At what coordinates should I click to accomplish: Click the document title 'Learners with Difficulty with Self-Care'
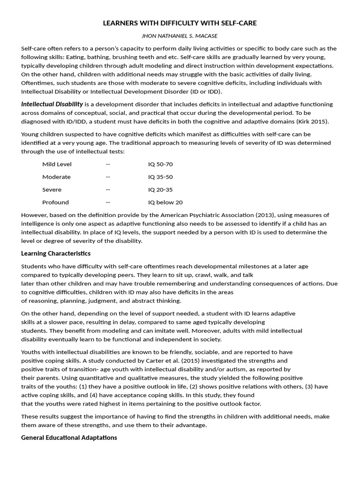click(x=180, y=22)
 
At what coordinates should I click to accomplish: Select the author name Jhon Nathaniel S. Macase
click(x=180, y=36)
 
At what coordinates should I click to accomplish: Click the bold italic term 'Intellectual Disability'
click(x=52, y=104)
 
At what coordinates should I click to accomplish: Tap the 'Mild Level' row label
click(x=57, y=164)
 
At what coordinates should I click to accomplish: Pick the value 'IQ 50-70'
click(x=160, y=164)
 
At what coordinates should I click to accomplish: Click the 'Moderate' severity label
click(x=56, y=177)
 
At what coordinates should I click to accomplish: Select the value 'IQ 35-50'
click(x=160, y=177)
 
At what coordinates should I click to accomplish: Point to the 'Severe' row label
click(x=52, y=189)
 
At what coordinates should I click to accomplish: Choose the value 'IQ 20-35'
click(x=160, y=189)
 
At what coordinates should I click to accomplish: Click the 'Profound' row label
click(x=55, y=202)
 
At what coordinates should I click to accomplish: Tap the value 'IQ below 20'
click(x=165, y=202)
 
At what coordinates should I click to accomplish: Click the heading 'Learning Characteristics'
click(x=56, y=253)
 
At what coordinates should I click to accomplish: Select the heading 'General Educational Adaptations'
click(x=69, y=437)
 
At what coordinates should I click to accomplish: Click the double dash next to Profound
click(x=108, y=202)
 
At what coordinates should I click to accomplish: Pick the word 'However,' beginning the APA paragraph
click(x=34, y=215)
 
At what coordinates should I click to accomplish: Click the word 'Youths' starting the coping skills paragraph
click(x=31, y=352)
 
